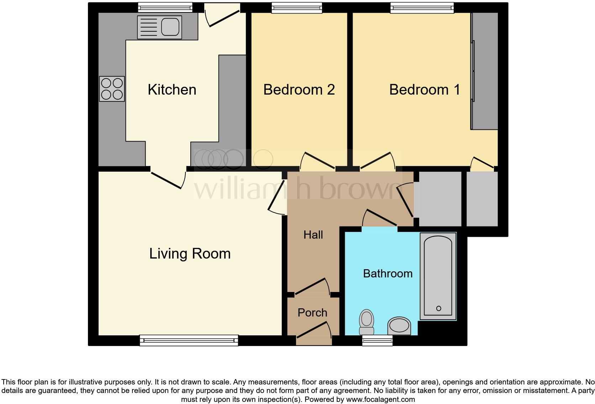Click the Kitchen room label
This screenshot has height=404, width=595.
pyautogui.click(x=172, y=90)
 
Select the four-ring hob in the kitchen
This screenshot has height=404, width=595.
pyautogui.click(x=112, y=89)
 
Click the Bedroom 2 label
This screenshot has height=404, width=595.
pyautogui.click(x=299, y=90)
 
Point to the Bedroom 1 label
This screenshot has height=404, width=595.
pyautogui.click(x=425, y=90)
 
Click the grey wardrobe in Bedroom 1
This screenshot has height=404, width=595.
pyautogui.click(x=485, y=71)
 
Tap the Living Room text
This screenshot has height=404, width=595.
pyautogui.click(x=190, y=254)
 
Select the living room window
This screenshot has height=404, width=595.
pyautogui.click(x=189, y=340)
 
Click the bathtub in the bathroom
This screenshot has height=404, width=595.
pyautogui.click(x=438, y=276)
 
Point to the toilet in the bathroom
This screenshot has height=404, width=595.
pyautogui.click(x=367, y=322)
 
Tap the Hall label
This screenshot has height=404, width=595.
pyautogui.click(x=313, y=235)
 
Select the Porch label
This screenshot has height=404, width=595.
pyautogui.click(x=312, y=313)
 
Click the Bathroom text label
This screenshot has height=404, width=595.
pyautogui.click(x=388, y=273)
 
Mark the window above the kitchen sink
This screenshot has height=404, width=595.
pyautogui.click(x=165, y=7)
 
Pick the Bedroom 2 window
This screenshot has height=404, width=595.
pyautogui.click(x=297, y=8)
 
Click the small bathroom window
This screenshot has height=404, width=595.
pyautogui.click(x=377, y=341)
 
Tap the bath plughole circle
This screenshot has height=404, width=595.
pyautogui.click(x=438, y=308)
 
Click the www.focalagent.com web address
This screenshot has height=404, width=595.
pyautogui.click(x=380, y=399)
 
